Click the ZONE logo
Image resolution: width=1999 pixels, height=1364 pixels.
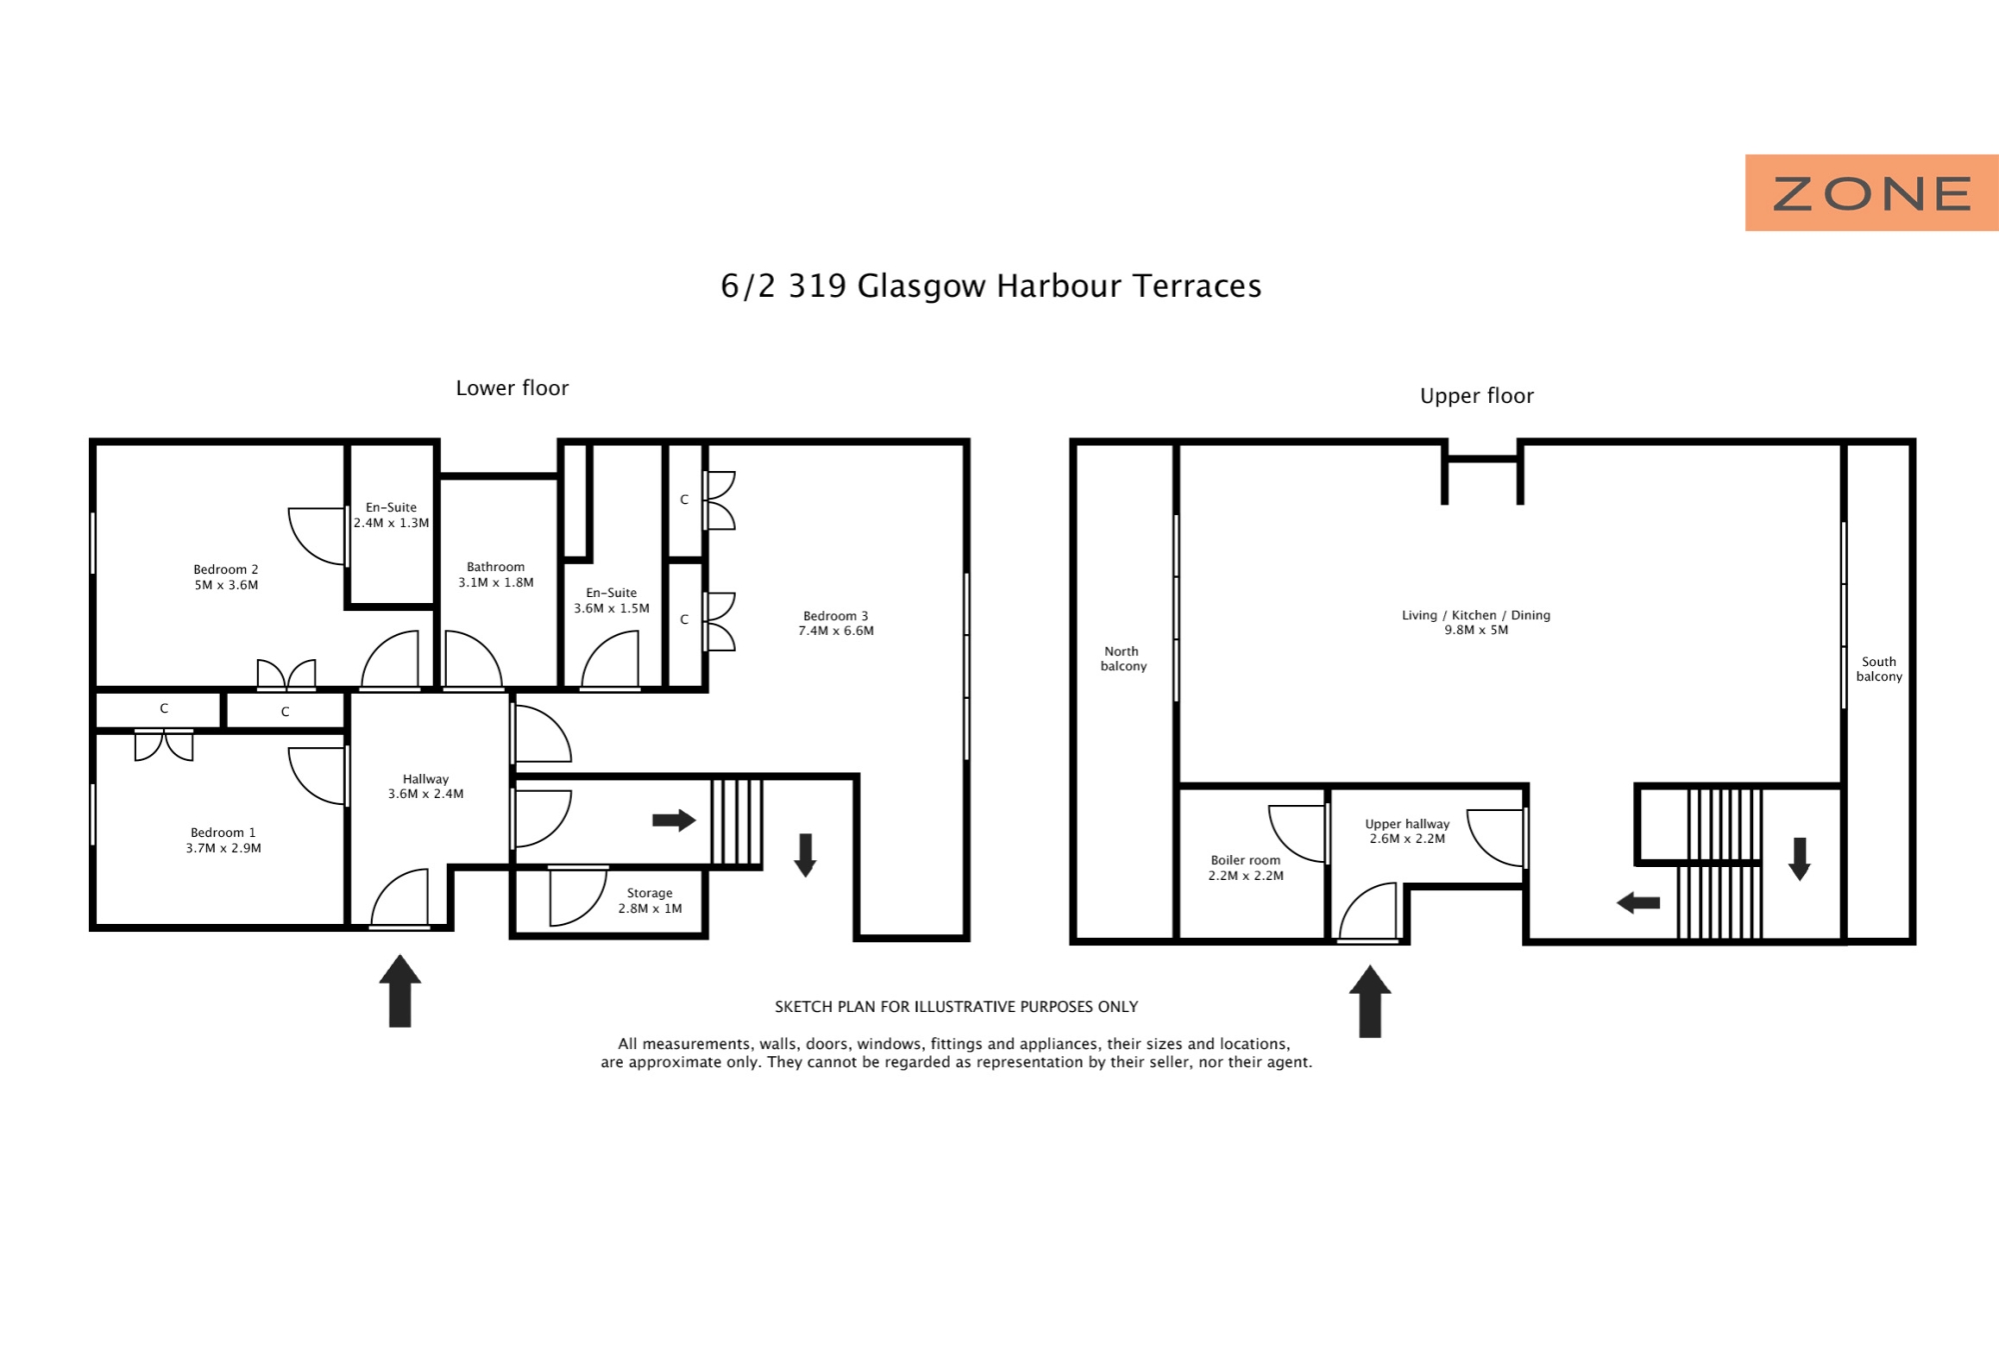[1871, 193]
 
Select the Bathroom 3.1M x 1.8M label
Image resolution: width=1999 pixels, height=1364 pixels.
[496, 575]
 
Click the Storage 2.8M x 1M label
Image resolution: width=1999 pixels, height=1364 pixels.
[650, 901]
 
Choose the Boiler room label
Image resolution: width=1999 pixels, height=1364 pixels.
[1245, 860]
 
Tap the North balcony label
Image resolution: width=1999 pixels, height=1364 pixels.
[1123, 658]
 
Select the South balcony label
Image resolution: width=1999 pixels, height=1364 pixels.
[1879, 669]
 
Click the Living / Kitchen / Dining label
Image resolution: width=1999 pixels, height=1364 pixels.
[1476, 615]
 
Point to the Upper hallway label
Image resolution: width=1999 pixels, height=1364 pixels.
[1407, 824]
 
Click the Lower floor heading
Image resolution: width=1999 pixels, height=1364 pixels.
[512, 388]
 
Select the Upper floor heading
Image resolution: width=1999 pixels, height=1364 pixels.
[1476, 396]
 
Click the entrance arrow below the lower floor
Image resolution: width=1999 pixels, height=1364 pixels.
[400, 990]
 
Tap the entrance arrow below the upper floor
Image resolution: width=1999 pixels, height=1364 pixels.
[1370, 1001]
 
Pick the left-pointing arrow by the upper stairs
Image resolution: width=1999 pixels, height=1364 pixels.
[1638, 903]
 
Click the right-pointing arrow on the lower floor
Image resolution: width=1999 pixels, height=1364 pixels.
[674, 820]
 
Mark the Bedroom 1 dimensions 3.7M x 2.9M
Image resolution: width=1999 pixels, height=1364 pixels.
[224, 848]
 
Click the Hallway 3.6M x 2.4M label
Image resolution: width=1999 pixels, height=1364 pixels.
[426, 786]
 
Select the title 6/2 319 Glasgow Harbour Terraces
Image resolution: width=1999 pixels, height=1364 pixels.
[991, 286]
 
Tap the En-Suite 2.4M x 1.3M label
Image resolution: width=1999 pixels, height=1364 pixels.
[391, 515]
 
